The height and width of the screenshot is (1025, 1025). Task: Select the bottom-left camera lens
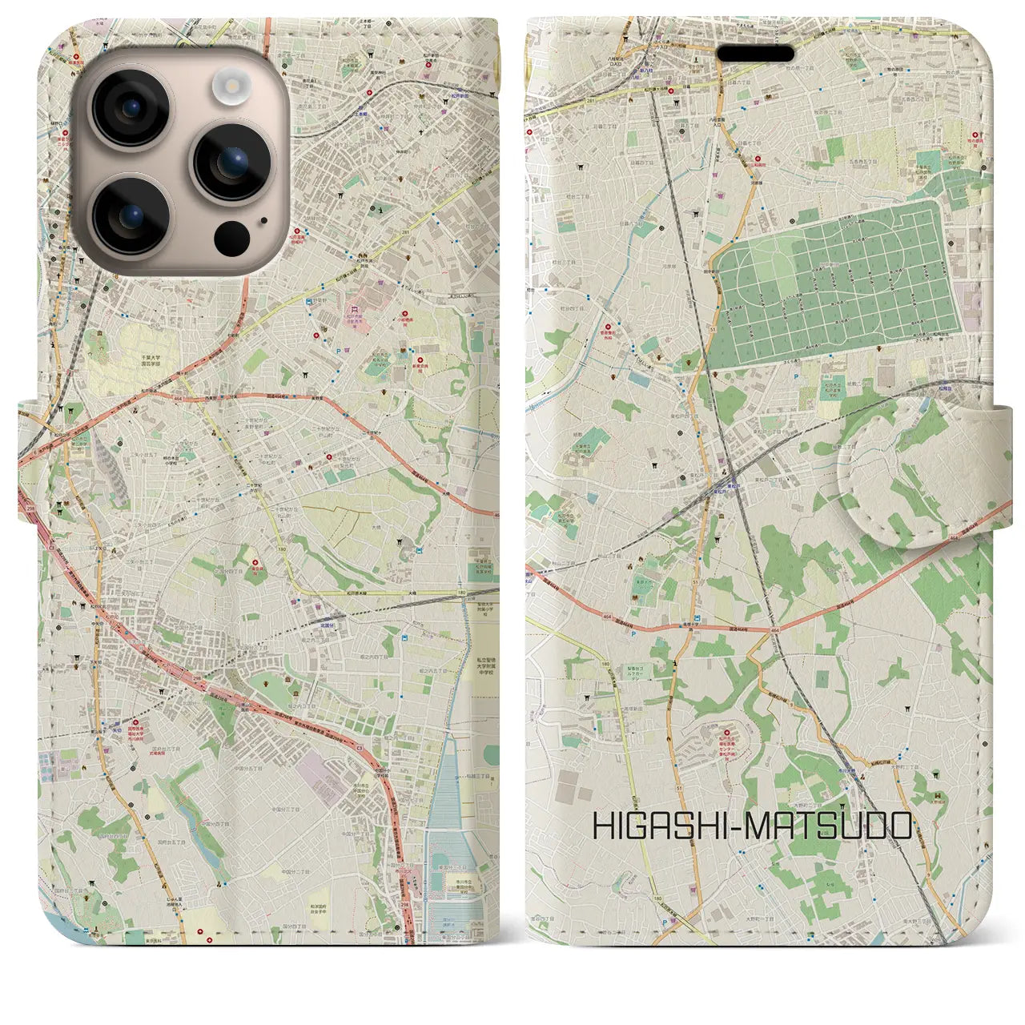pos(130,216)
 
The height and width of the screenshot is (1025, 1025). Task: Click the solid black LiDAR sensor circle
pos(231,237)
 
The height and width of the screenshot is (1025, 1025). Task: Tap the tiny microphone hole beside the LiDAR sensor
pos(262,217)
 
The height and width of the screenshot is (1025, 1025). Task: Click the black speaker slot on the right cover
pos(755,53)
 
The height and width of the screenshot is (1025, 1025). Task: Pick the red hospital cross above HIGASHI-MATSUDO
pos(727,730)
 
